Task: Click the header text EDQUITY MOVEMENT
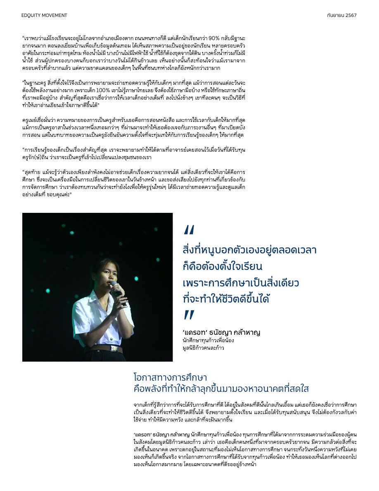click(44, 15)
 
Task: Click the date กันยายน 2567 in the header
click(341, 15)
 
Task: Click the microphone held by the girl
click(116, 288)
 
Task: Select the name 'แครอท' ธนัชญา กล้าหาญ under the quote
click(221, 332)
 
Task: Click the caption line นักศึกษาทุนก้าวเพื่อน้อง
click(208, 341)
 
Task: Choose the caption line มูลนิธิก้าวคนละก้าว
click(203, 348)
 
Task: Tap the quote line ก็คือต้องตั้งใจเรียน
click(223, 267)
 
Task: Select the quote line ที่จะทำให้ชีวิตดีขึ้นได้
click(229, 299)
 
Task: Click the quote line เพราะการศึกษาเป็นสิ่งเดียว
click(240, 283)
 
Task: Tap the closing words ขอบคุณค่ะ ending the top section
click(61, 194)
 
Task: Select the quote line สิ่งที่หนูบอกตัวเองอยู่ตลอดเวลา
click(249, 250)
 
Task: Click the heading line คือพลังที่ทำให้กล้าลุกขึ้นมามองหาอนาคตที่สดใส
click(221, 389)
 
